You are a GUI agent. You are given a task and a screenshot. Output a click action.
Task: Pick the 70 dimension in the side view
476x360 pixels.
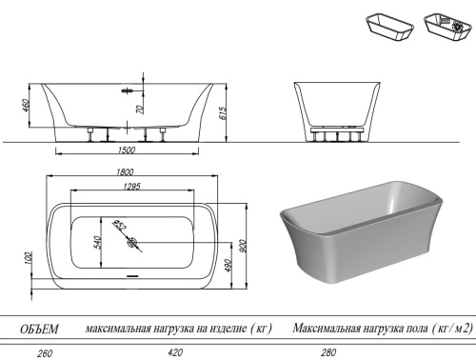click(139, 110)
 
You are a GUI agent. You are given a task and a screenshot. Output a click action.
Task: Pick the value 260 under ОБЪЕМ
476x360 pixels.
click(42, 351)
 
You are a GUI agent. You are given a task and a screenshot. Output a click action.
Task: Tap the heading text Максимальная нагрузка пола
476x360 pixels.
click(352, 329)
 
